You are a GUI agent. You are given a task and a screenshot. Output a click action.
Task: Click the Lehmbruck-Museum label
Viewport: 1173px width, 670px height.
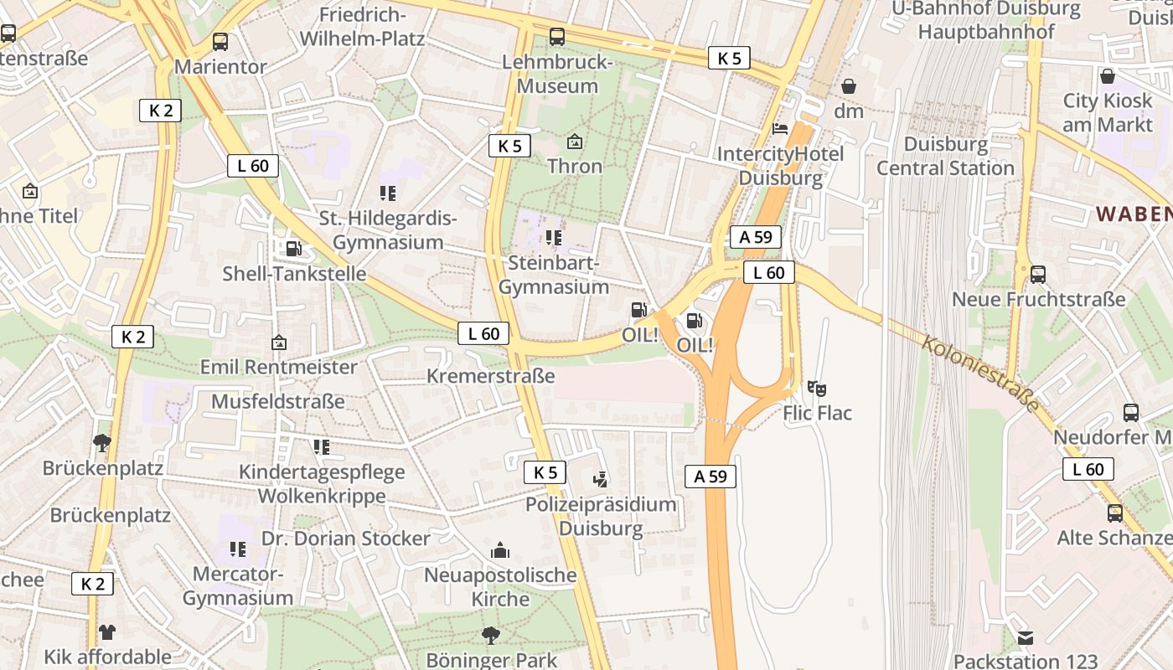pos(557,75)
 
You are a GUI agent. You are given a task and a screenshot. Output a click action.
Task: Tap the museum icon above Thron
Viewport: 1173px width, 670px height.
pos(575,142)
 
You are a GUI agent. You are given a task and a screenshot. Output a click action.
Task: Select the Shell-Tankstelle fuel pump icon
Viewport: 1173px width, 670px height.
pos(293,248)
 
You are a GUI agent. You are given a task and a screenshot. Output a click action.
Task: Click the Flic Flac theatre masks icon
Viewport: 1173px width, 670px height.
pos(817,388)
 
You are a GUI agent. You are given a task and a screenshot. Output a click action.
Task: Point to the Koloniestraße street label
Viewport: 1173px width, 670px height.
pos(980,374)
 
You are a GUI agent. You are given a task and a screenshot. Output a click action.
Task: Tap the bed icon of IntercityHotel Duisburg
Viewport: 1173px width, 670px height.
pos(779,129)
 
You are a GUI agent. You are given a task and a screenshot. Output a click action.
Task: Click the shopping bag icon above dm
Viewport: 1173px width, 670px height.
pos(849,86)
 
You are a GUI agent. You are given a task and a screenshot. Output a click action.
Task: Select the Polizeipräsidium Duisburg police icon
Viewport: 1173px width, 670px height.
pos(600,479)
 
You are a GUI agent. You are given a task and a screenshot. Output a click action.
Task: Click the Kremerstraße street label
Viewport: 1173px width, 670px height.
pos(490,376)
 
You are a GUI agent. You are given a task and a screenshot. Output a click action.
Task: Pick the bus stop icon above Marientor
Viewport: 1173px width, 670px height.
pos(220,41)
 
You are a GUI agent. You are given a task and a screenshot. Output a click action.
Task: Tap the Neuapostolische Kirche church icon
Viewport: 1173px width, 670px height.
pos(500,550)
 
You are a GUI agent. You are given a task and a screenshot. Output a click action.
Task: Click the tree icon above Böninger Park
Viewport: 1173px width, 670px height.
pos(491,636)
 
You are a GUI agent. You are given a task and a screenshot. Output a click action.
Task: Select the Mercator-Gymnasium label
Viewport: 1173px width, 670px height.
pos(238,586)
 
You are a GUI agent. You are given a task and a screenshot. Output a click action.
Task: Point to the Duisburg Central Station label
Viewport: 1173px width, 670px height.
pos(945,156)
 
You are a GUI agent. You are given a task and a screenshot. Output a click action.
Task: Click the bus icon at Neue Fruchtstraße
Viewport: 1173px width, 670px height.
pos(1038,274)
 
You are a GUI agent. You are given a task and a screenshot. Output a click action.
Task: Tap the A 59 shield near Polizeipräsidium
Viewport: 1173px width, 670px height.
pos(710,477)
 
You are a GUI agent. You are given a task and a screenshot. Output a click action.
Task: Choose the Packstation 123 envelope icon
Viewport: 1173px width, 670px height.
pos(1025,638)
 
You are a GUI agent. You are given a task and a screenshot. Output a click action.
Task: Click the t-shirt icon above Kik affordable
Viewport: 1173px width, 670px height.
pos(107,631)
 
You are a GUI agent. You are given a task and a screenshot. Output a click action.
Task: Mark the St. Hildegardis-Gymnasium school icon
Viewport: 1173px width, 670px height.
pos(387,193)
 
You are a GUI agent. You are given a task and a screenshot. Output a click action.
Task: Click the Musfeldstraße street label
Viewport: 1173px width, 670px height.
pos(277,401)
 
